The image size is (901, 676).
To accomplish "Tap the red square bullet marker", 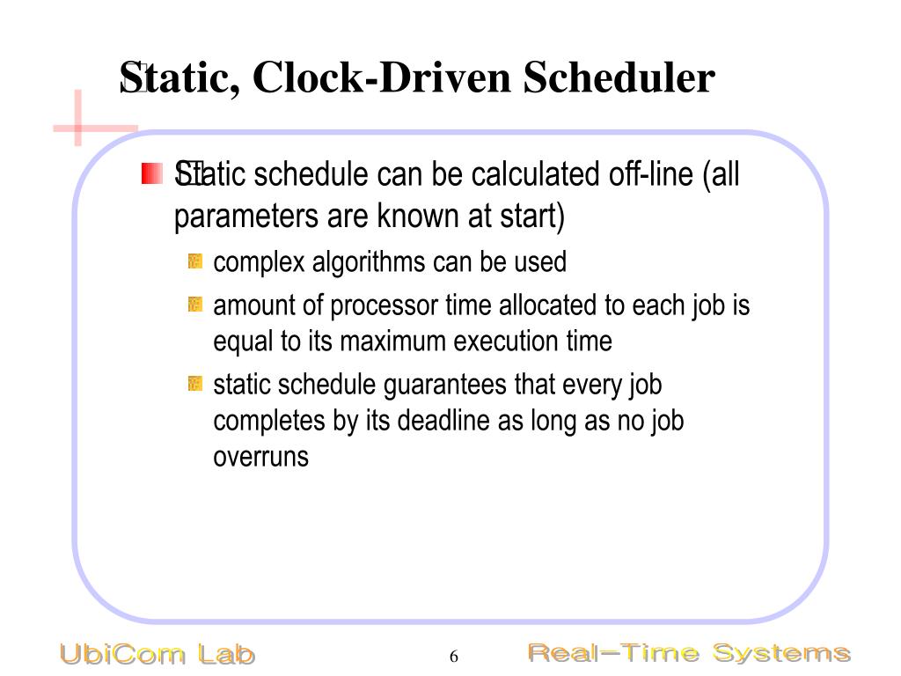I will point(152,173).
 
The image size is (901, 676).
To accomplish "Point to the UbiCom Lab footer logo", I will point(157,654).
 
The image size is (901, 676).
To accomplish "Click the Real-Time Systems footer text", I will point(688,653).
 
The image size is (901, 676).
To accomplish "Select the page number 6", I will point(454,657).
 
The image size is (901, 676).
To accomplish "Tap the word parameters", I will point(237,217).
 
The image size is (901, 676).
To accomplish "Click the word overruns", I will point(260,457).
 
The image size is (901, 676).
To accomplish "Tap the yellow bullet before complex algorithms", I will point(195,261).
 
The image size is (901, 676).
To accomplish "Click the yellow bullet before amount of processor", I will point(195,305).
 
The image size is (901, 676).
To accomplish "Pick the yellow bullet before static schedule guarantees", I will point(195,385).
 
